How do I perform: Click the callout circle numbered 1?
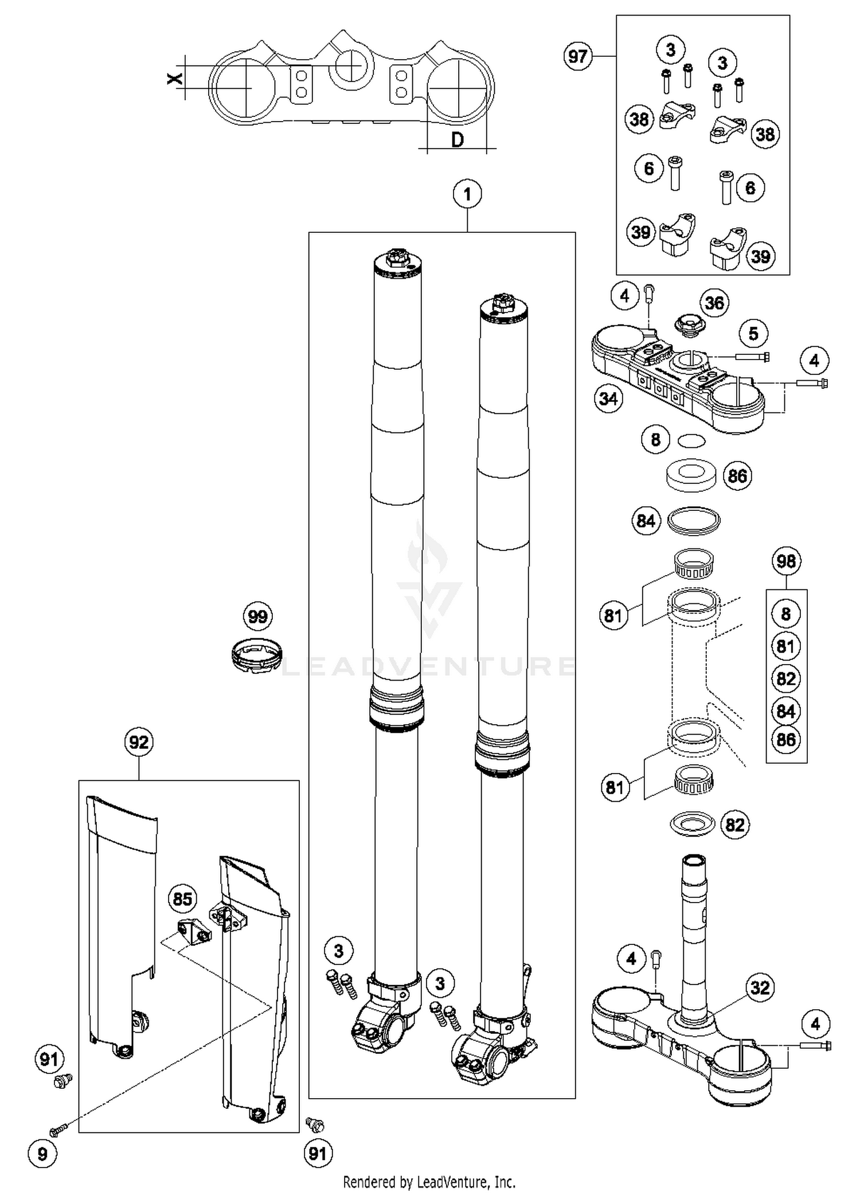click(467, 194)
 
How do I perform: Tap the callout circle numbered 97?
click(577, 56)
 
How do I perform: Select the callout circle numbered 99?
click(257, 616)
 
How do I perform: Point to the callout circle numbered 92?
click(139, 742)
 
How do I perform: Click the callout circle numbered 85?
click(182, 899)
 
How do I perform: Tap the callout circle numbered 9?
click(42, 1153)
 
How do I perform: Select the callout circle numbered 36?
click(714, 303)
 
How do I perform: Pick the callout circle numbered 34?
click(608, 398)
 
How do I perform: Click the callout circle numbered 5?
click(753, 333)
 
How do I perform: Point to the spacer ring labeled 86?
click(692, 475)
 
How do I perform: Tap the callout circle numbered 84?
click(646, 521)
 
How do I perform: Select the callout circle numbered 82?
click(734, 825)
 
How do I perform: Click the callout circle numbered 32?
click(760, 987)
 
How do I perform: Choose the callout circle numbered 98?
click(786, 561)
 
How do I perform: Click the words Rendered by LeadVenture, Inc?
click(429, 1182)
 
